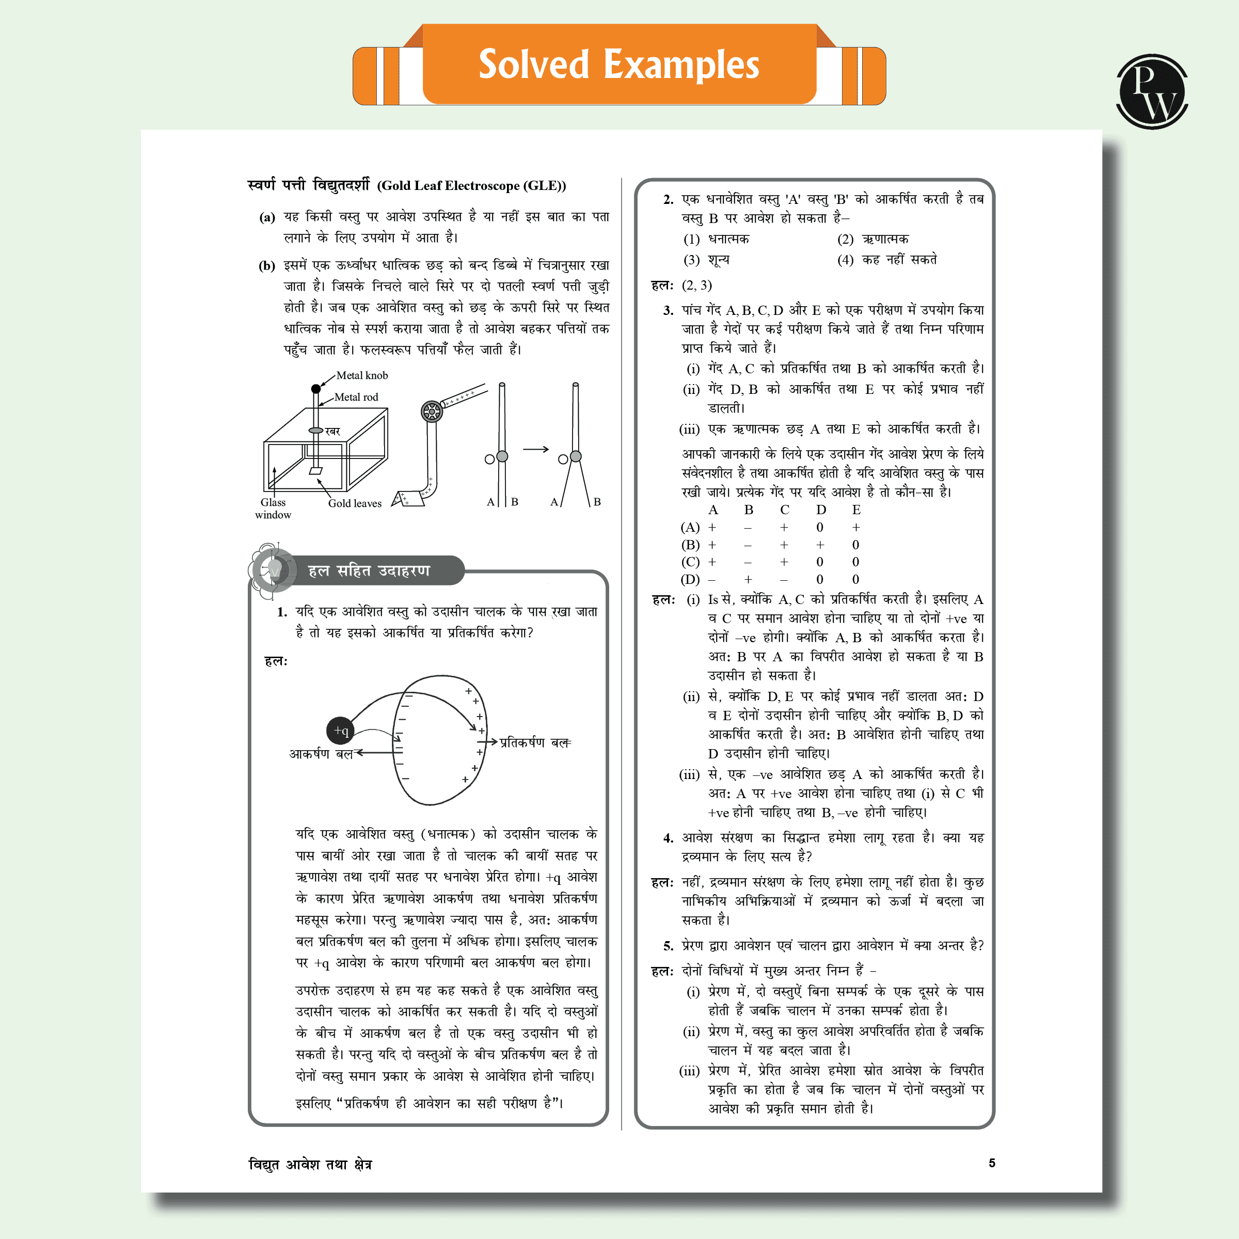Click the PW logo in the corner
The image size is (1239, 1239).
(1152, 92)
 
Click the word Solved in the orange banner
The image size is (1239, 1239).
(534, 65)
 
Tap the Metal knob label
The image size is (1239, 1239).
(362, 376)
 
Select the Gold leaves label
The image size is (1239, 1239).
(355, 503)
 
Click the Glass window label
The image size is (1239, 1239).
(273, 509)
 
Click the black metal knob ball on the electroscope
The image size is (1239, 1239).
(315, 389)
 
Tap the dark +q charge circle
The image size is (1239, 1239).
(341, 730)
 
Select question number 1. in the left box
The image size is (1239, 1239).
(282, 612)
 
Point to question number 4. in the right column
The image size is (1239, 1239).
(668, 838)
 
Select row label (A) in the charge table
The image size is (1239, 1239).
(690, 528)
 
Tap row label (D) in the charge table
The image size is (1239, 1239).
(690, 580)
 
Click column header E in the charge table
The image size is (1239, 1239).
(856, 510)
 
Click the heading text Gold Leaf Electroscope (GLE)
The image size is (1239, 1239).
(471, 186)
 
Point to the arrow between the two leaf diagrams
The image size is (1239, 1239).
(535, 449)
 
